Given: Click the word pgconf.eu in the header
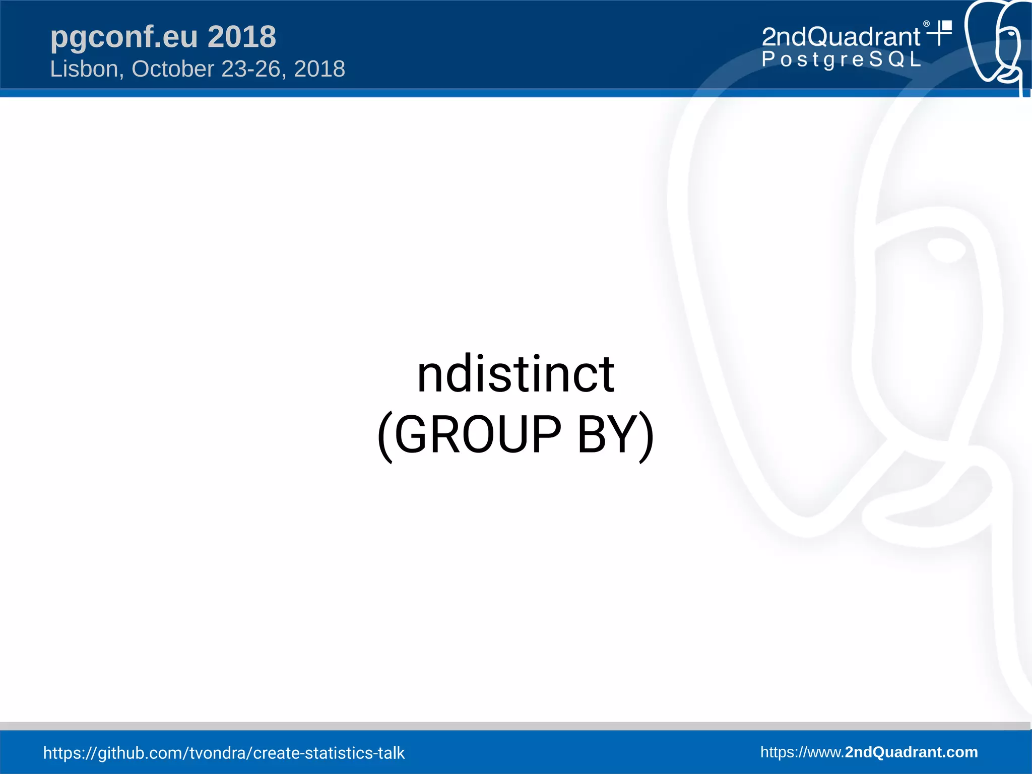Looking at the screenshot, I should (124, 37).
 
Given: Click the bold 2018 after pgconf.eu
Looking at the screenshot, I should (242, 37).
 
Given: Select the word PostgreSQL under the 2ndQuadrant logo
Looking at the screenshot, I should (841, 59).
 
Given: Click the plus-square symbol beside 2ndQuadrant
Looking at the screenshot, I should (940, 33).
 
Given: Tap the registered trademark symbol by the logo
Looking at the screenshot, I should (926, 24).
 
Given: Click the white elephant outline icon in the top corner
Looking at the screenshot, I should (995, 43).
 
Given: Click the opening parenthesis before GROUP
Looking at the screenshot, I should (385, 436).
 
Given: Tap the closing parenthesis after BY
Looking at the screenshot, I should (646, 436).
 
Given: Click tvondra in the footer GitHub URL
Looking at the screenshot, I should (218, 753).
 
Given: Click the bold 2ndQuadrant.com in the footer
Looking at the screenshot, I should (911, 752).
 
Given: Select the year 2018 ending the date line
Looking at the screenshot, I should (319, 69).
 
